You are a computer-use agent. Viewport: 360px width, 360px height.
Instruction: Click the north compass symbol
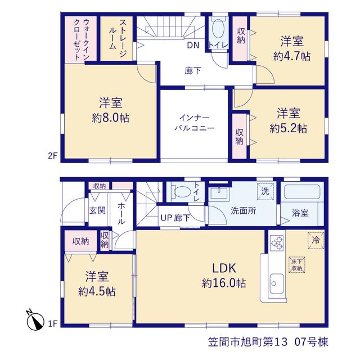[x=35, y=320]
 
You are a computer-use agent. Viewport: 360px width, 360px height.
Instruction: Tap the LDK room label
[x=224, y=268]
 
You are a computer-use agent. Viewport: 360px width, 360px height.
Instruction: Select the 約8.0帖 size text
[x=110, y=118]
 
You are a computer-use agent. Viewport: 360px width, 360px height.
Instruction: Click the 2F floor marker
[x=52, y=156]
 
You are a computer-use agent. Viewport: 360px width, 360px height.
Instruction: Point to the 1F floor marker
[x=52, y=324]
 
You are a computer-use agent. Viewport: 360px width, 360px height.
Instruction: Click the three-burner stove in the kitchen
[x=277, y=243]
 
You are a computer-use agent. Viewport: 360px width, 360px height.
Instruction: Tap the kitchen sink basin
[x=276, y=283]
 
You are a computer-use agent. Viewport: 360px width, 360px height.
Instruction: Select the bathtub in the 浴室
[x=302, y=192]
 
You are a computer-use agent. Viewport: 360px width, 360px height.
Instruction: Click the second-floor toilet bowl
[x=218, y=29]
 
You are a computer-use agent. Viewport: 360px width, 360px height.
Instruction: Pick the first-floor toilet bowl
[x=182, y=191]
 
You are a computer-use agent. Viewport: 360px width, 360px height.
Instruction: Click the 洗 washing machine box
[x=265, y=191]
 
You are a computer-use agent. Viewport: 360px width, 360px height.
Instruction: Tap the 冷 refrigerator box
[x=316, y=240]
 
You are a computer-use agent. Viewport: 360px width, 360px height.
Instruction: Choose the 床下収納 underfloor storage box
[x=296, y=265]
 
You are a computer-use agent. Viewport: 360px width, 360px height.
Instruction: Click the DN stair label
[x=193, y=45]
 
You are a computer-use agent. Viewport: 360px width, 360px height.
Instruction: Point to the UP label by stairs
[x=166, y=218]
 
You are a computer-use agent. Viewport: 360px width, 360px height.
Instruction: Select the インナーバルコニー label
[x=194, y=123]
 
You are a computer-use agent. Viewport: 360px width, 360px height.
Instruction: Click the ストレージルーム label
[x=118, y=38]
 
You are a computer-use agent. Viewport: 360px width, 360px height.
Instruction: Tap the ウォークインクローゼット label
[x=81, y=39]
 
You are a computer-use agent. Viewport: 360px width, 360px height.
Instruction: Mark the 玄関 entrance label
[x=97, y=210]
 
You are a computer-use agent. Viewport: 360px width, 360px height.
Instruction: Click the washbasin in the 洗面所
[x=219, y=193]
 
